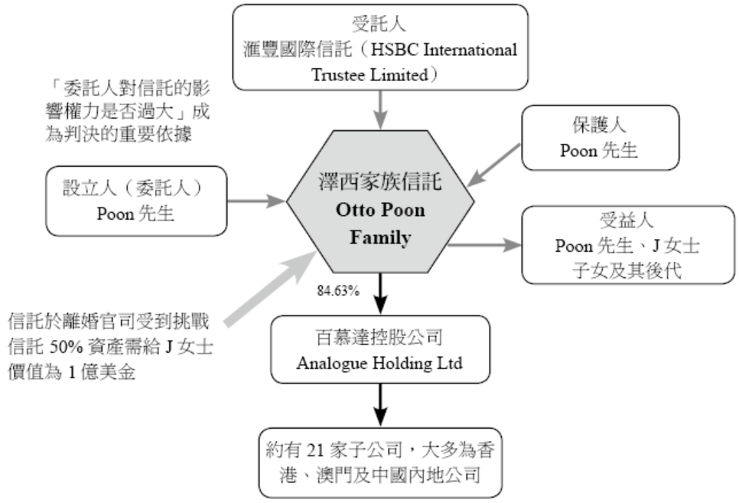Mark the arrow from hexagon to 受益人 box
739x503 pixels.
pyautogui.click(x=482, y=247)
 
